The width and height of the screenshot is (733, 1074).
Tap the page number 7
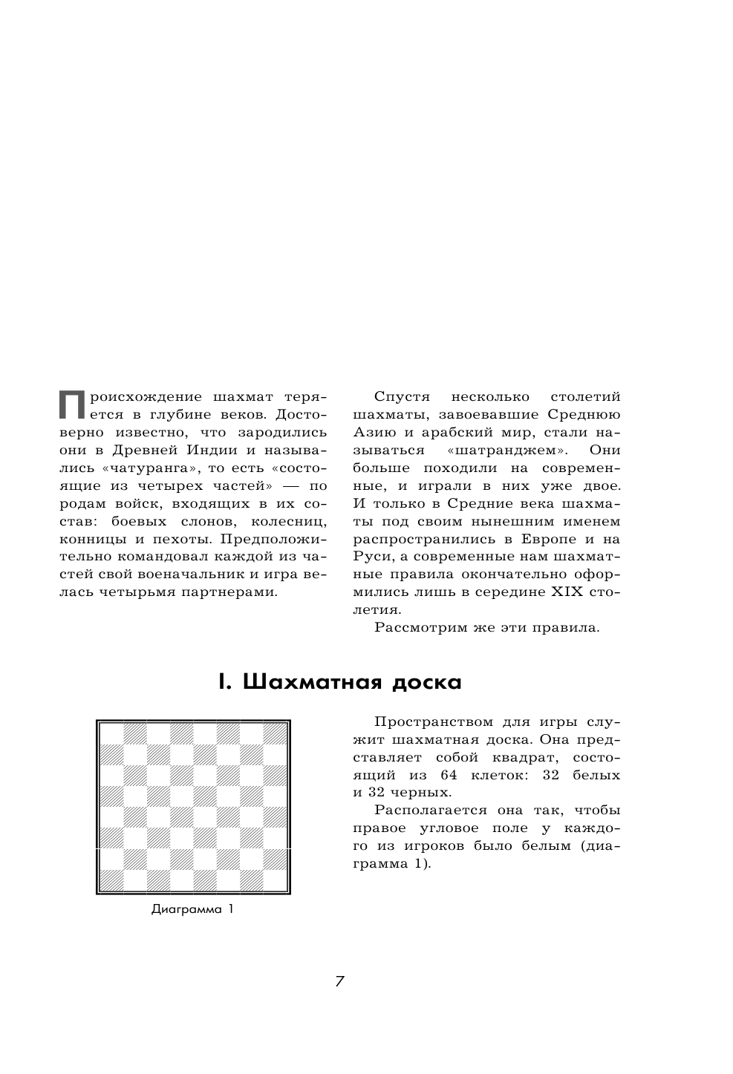click(x=339, y=981)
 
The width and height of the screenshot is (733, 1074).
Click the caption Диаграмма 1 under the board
click(x=192, y=909)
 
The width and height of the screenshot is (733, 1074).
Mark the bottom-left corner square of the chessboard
click(x=111, y=880)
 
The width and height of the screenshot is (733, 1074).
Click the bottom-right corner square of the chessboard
click(x=276, y=880)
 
